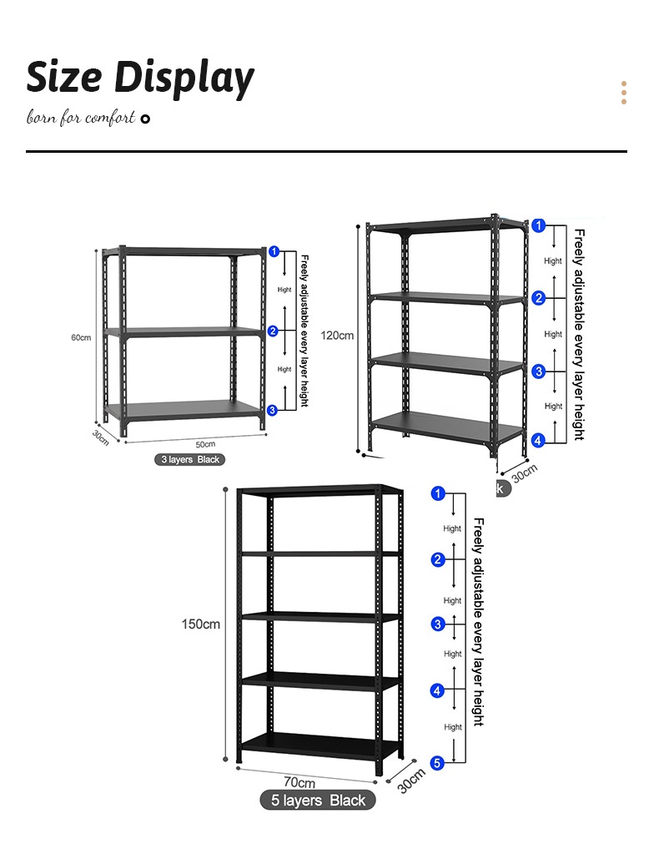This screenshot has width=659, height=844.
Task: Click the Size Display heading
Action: click(x=140, y=78)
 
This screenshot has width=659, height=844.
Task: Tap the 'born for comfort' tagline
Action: click(x=81, y=118)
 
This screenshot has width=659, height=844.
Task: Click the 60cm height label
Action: click(x=80, y=337)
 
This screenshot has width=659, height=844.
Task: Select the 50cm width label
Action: click(x=205, y=443)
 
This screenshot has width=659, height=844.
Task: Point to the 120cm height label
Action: click(x=338, y=336)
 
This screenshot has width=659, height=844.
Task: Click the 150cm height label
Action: click(x=200, y=624)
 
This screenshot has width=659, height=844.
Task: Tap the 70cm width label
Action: click(x=299, y=782)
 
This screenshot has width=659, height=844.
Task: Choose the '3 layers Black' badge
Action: click(x=190, y=459)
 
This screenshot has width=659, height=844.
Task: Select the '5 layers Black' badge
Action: click(x=318, y=801)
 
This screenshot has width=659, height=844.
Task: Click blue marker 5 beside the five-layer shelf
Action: click(x=438, y=762)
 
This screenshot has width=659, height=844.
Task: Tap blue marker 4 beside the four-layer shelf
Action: click(x=539, y=440)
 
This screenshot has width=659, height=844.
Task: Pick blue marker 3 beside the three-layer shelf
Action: click(x=273, y=410)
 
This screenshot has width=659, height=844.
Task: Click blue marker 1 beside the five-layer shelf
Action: click(x=438, y=493)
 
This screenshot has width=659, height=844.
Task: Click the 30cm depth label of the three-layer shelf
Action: click(x=100, y=437)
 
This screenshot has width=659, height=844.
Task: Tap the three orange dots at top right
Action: click(x=623, y=93)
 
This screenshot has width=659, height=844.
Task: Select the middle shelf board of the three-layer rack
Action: click(x=184, y=331)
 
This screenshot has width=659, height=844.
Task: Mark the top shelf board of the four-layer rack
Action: click(x=446, y=225)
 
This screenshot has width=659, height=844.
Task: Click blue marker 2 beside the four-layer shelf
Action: click(x=539, y=298)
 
